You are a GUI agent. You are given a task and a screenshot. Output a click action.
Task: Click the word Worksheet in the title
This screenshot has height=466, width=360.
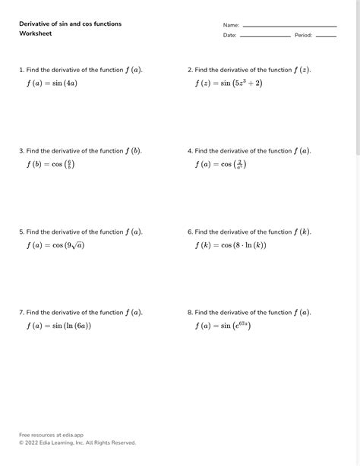(36, 33)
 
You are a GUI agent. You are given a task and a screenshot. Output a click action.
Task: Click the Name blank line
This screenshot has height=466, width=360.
(289, 26)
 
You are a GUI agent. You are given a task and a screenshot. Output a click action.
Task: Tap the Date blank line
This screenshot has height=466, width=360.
(265, 36)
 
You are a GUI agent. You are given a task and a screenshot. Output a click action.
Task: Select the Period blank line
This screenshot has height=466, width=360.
(326, 36)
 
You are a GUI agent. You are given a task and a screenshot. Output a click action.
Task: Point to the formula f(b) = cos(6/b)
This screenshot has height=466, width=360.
(50, 164)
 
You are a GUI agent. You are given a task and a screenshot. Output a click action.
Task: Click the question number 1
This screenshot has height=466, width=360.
(21, 70)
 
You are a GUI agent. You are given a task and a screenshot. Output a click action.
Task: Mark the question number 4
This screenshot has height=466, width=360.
(189, 151)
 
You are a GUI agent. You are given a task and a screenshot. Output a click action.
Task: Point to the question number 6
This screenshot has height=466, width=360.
(189, 231)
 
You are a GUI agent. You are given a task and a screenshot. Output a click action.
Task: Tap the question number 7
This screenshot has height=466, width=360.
(21, 312)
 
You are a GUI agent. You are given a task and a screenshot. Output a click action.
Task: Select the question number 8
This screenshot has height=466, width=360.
(189, 312)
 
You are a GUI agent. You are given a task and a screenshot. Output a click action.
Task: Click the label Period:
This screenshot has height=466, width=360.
(303, 36)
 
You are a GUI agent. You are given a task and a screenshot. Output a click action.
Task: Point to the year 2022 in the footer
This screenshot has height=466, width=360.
(33, 442)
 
